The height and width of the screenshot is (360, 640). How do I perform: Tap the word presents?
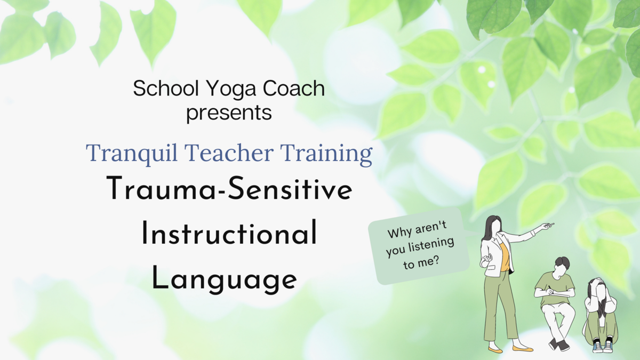click(229, 113)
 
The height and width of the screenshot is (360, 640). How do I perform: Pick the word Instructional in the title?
click(229, 235)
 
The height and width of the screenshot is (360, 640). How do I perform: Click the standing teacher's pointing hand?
click(547, 226)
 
